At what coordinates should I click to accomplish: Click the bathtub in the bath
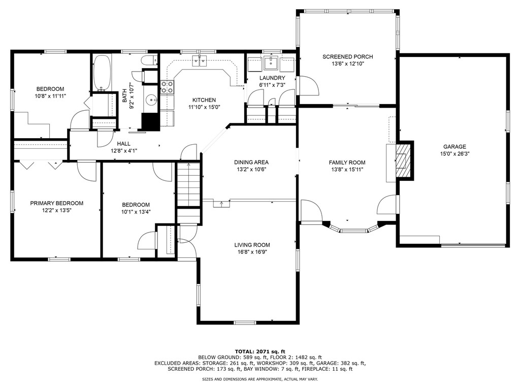coord(102,73)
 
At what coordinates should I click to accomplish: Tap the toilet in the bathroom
coord(149,60)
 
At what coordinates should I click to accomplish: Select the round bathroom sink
coord(152,99)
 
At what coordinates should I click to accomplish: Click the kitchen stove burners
coord(167,87)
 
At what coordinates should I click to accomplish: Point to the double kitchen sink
coord(200,61)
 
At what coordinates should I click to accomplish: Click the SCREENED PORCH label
coord(347,57)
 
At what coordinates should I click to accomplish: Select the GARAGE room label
coord(454,147)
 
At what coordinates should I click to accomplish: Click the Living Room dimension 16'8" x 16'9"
coord(252,252)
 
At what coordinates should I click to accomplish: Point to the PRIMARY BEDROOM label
coord(57,203)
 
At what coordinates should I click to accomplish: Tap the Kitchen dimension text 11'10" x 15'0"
coord(204,107)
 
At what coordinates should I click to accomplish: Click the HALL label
coord(124,144)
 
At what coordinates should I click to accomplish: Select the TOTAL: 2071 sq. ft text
coord(260,351)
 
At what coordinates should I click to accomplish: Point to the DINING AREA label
coord(251,162)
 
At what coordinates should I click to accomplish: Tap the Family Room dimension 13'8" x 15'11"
coord(347,170)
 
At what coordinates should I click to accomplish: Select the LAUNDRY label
coord(272,78)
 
